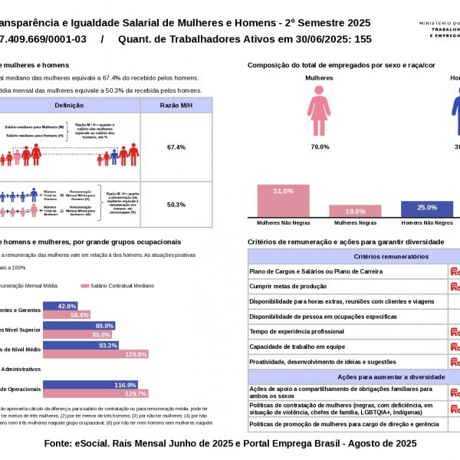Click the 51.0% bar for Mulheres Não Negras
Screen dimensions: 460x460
(x=284, y=201)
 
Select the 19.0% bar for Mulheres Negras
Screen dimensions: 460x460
(x=355, y=211)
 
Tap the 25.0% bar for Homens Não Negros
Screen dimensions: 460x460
(x=426, y=209)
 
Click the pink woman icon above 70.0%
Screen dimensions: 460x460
(x=319, y=112)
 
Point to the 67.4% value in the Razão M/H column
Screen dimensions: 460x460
(x=176, y=146)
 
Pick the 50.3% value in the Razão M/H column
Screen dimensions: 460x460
(x=176, y=205)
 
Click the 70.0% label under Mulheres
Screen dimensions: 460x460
(x=320, y=147)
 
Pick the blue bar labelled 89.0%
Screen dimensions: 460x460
(x=80, y=326)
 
